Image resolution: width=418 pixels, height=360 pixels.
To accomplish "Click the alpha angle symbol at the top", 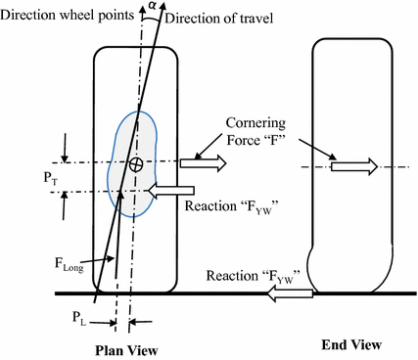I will (150, 6).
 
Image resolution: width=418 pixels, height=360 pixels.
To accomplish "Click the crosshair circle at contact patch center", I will (136, 163).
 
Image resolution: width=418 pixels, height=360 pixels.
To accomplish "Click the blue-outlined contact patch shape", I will (124, 196).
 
